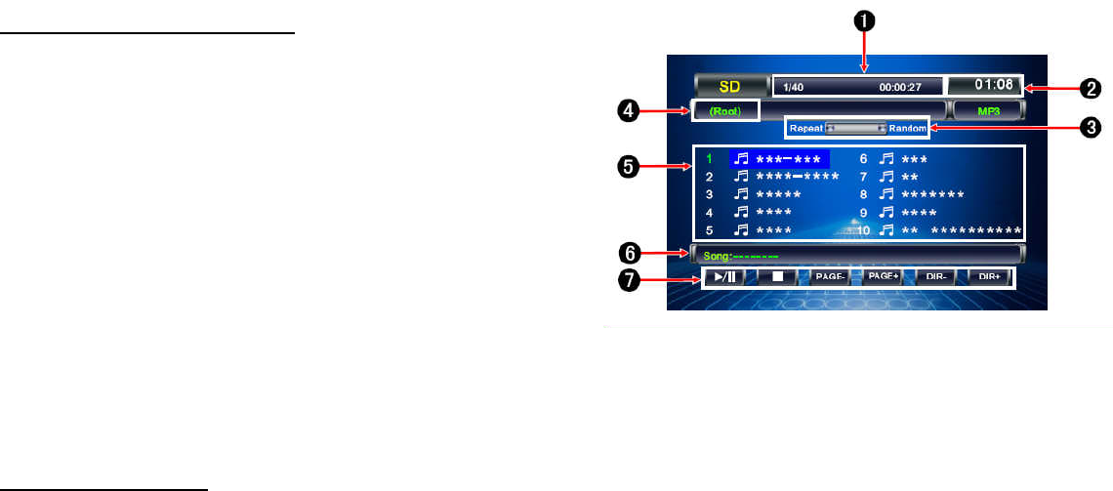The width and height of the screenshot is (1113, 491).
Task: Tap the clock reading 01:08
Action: [985, 86]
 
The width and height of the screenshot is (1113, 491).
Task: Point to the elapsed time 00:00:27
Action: [900, 87]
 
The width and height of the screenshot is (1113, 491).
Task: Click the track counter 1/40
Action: [792, 87]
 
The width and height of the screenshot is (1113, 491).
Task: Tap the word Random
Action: [907, 128]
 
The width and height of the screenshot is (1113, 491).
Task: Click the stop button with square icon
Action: [777, 277]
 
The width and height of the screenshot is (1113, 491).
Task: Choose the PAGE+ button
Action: [883, 277]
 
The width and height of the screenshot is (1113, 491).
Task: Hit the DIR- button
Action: [934, 277]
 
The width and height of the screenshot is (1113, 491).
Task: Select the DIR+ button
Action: [988, 277]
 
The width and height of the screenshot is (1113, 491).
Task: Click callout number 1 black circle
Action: [864, 19]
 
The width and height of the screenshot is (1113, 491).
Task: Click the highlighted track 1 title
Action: [792, 158]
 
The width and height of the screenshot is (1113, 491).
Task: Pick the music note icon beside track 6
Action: [886, 158]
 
